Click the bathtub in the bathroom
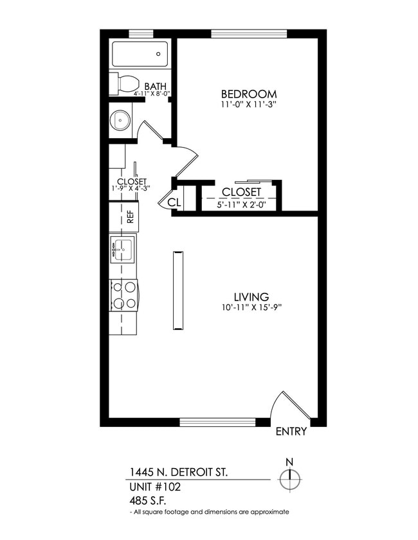[x=140, y=54]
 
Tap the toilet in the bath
[x=125, y=83]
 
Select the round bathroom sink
[x=120, y=119]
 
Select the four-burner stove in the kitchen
[x=124, y=295]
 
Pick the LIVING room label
[x=250, y=297]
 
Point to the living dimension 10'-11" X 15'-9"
[x=250, y=308]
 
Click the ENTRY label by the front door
[x=291, y=431]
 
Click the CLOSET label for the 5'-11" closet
[x=241, y=192]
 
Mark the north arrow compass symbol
[x=290, y=478]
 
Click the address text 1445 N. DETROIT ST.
[x=178, y=473]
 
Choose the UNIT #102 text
[x=155, y=487]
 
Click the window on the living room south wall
[x=217, y=422]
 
